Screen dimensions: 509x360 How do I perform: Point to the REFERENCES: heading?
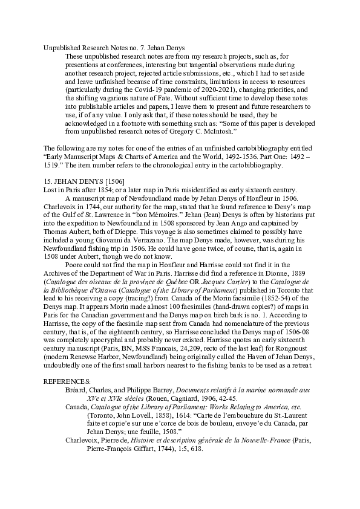pyautogui.click(x=67, y=381)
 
